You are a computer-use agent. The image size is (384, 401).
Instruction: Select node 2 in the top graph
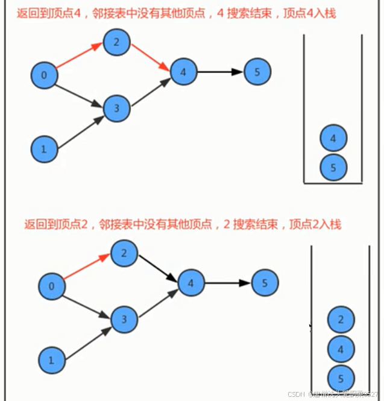coord(116,42)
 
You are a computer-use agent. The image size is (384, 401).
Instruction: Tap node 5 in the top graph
coord(257,72)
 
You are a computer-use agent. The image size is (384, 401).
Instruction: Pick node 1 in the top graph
coord(45,148)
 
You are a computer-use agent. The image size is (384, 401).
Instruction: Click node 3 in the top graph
coord(117,109)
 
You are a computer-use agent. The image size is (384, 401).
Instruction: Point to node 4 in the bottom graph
coord(191,282)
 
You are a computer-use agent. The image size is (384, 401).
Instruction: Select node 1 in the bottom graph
coord(51,361)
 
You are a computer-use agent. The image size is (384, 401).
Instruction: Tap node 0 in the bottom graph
coord(52,286)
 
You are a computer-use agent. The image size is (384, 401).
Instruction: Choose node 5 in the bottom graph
coord(265,282)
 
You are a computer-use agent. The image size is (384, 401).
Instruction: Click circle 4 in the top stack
coord(333,138)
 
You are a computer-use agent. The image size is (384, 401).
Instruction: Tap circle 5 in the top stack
coord(333,167)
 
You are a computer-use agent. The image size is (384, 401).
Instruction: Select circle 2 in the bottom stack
coord(341,320)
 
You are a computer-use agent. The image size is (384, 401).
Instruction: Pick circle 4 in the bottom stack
coord(341,349)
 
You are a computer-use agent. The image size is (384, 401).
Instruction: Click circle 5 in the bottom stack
coord(341,378)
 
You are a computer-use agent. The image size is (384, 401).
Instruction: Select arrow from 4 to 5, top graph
coord(221,72)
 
